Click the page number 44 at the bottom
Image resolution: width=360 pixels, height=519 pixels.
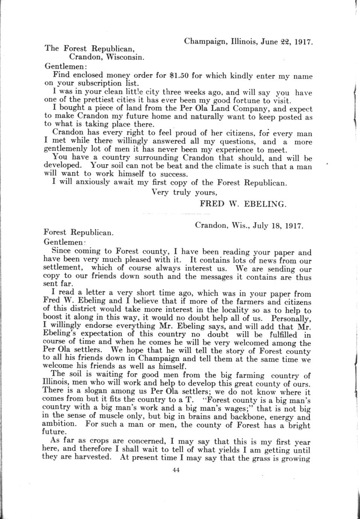[x=176, y=469]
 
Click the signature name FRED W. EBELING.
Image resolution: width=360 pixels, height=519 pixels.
[x=243, y=204]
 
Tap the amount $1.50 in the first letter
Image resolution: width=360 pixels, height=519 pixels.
[x=179, y=76]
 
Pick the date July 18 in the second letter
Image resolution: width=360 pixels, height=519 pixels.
[x=267, y=226]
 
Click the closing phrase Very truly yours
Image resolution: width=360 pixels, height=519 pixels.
[x=184, y=192]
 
